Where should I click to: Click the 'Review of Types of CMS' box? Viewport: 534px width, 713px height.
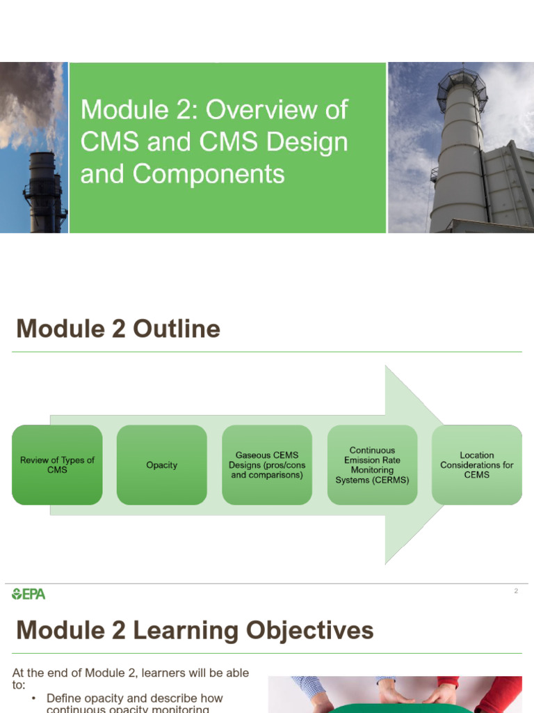57,464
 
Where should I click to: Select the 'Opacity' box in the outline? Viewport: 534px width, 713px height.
161,464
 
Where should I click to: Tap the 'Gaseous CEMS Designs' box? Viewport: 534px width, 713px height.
267,464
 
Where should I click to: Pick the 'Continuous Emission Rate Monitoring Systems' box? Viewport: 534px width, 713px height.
372,464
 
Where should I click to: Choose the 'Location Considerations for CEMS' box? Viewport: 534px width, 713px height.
477,464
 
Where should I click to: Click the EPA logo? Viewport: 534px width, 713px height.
29,594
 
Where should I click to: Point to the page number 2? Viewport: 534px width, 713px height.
516,591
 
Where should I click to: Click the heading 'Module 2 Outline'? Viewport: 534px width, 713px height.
118,329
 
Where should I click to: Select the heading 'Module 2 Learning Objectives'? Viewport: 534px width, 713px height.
195,630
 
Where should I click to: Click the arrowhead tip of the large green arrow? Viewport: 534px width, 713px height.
442,464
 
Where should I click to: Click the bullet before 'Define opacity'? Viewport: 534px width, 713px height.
33,698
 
